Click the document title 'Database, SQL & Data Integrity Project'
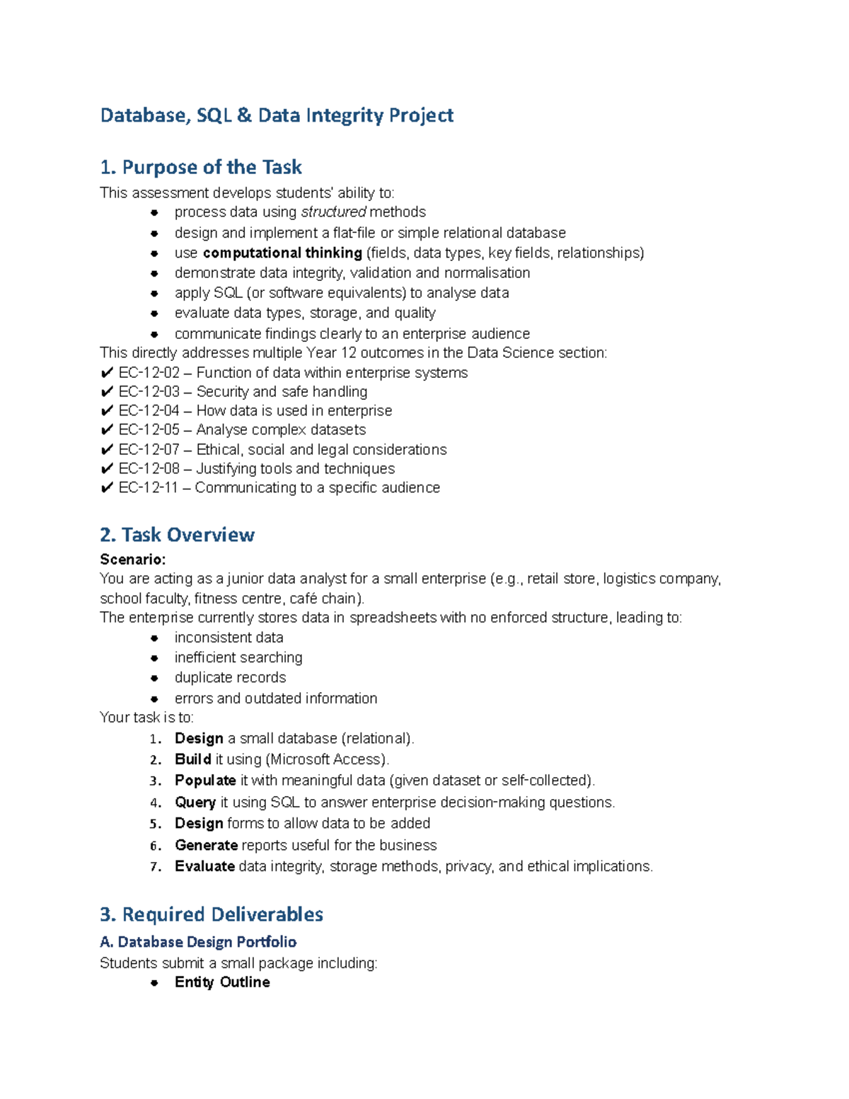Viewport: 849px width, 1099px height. click(277, 115)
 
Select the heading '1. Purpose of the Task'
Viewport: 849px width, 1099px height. click(201, 168)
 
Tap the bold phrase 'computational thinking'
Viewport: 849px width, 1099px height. click(282, 253)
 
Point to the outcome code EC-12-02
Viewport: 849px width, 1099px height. click(149, 373)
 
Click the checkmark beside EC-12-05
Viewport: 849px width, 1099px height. click(107, 430)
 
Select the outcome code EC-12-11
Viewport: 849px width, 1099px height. click(148, 488)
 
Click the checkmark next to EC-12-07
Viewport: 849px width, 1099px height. click(107, 450)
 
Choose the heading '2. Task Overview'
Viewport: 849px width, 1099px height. click(177, 535)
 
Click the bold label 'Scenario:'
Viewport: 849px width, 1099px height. click(133, 560)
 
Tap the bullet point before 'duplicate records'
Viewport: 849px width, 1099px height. click(154, 678)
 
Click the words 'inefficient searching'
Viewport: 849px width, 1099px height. click(238, 658)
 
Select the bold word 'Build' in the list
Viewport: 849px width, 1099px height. click(192, 759)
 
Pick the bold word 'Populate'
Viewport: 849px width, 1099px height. click(205, 781)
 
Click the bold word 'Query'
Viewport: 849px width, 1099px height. click(195, 802)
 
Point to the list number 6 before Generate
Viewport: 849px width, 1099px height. click(156, 846)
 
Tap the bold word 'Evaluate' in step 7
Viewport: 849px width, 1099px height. click(204, 867)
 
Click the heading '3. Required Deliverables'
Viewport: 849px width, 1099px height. click(212, 914)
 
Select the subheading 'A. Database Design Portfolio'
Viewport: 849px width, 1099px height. click(198, 942)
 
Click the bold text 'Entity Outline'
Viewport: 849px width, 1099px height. click(222, 982)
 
